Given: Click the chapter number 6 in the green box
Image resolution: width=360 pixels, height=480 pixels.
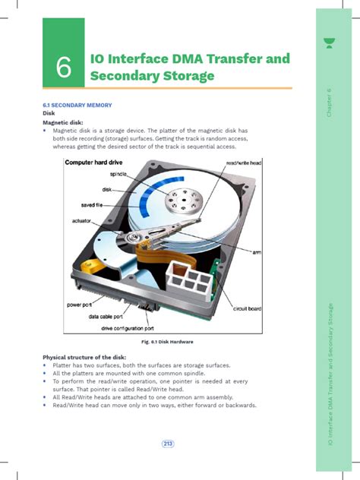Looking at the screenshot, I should tap(64, 68).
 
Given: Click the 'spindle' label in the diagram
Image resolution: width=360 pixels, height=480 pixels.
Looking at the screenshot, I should tap(118, 175).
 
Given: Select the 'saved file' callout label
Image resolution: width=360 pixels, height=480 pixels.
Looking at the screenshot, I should tap(96, 205).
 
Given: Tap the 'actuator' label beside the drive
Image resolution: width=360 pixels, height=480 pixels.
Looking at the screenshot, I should tap(81, 221).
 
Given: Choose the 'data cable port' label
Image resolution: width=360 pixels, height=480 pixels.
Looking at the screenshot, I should tap(111, 317).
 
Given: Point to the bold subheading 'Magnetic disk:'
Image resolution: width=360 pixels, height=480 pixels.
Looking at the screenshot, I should tap(62, 122).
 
